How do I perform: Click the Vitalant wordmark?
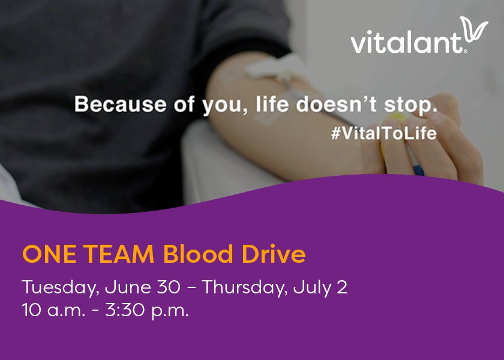(408, 43)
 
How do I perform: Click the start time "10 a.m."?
(48, 311)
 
